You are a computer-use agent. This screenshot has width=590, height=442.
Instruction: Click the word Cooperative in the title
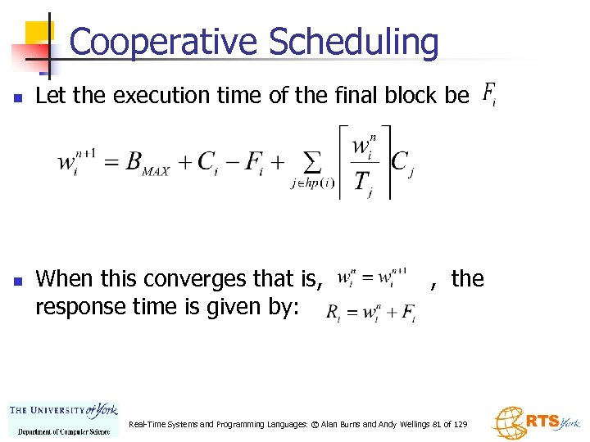(164, 43)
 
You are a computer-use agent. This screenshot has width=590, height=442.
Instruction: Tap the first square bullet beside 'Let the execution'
(17, 97)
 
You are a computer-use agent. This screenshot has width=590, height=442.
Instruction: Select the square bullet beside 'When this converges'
(17, 281)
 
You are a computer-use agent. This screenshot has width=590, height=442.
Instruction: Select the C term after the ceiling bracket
(402, 163)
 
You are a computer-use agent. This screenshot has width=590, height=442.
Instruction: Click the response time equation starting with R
(370, 312)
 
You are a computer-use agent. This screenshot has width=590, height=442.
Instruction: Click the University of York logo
(64, 417)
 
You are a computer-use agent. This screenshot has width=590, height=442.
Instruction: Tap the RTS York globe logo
(534, 422)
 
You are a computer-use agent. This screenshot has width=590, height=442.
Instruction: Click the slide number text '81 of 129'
(450, 425)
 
